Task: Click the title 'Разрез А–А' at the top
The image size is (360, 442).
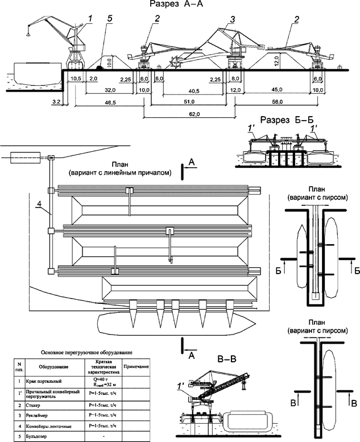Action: point(180,5)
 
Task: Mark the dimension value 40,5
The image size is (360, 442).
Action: point(195,90)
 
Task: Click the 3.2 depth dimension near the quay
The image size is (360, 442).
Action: point(56,101)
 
